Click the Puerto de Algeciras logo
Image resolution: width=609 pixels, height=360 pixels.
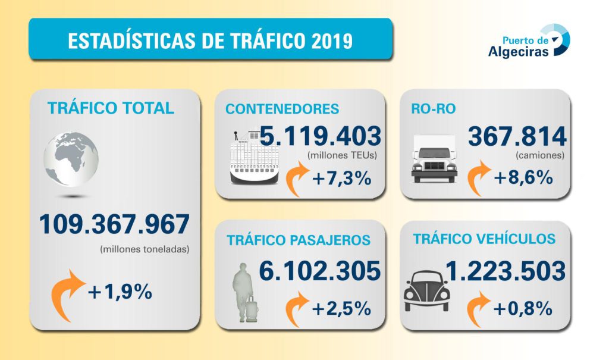click(528, 41)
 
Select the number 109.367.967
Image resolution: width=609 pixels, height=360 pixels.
click(114, 224)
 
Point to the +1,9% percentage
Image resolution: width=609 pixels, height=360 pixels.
click(120, 292)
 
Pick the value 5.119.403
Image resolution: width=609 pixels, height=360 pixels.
click(320, 137)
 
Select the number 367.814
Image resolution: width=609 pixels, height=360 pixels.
click(517, 137)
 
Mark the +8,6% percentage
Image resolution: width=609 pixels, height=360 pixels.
click(523, 178)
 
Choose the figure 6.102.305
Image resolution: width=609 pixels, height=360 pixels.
click(319, 271)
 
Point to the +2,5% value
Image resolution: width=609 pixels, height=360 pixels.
click(341, 309)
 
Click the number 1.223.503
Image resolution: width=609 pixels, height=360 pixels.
click(504, 271)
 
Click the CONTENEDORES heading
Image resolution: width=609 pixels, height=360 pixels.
click(282, 109)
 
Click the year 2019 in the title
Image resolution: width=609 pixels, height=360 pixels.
click(332, 41)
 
